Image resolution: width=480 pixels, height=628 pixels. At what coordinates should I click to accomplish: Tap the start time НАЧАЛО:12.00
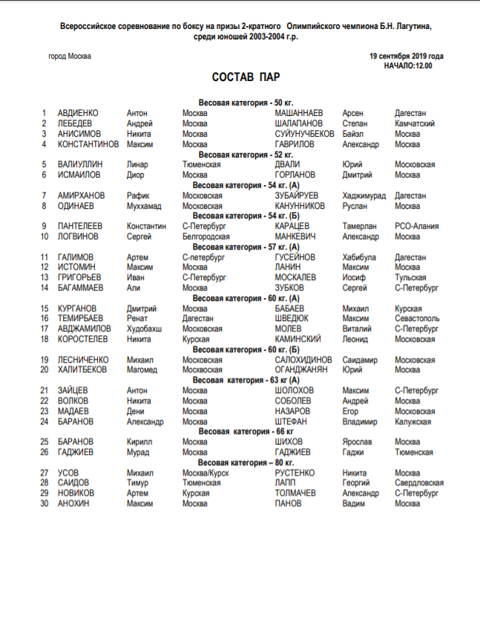tap(407, 65)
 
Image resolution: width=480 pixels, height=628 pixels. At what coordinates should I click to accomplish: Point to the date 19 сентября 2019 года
tap(406, 56)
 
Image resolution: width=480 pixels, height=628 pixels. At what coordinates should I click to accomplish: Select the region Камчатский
tap(415, 123)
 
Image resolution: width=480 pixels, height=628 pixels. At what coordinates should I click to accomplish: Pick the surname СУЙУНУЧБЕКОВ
tap(304, 134)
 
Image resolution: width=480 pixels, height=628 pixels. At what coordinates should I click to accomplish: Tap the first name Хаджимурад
tap(364, 195)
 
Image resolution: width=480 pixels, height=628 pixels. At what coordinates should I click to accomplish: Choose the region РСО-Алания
tap(416, 226)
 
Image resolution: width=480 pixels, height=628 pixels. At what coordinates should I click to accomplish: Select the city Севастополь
tap(419, 318)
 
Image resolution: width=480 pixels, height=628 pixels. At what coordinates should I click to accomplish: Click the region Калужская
tap(412, 421)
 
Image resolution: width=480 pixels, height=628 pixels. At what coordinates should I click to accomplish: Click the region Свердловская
tap(419, 482)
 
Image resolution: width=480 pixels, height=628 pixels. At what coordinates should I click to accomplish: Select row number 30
tap(44, 503)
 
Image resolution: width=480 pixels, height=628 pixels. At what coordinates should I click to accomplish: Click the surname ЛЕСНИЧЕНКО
tap(83, 359)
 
